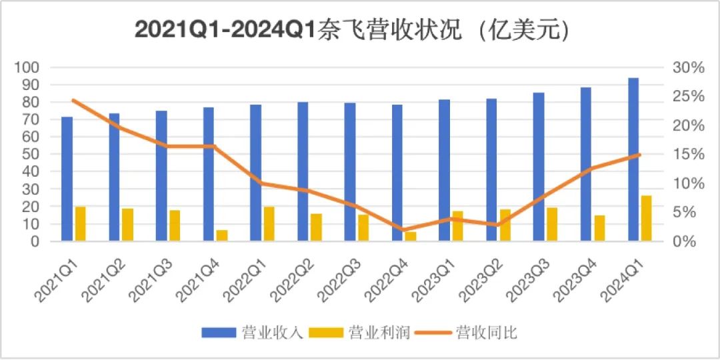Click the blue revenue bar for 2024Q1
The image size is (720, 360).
pyautogui.click(x=633, y=160)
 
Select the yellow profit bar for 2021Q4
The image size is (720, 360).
pyautogui.click(x=222, y=235)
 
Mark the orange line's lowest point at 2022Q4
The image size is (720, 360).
pyautogui.click(x=403, y=230)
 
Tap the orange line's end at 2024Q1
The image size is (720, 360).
pyautogui.click(x=639, y=155)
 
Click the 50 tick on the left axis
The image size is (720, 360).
pyautogui.click(x=30, y=155)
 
